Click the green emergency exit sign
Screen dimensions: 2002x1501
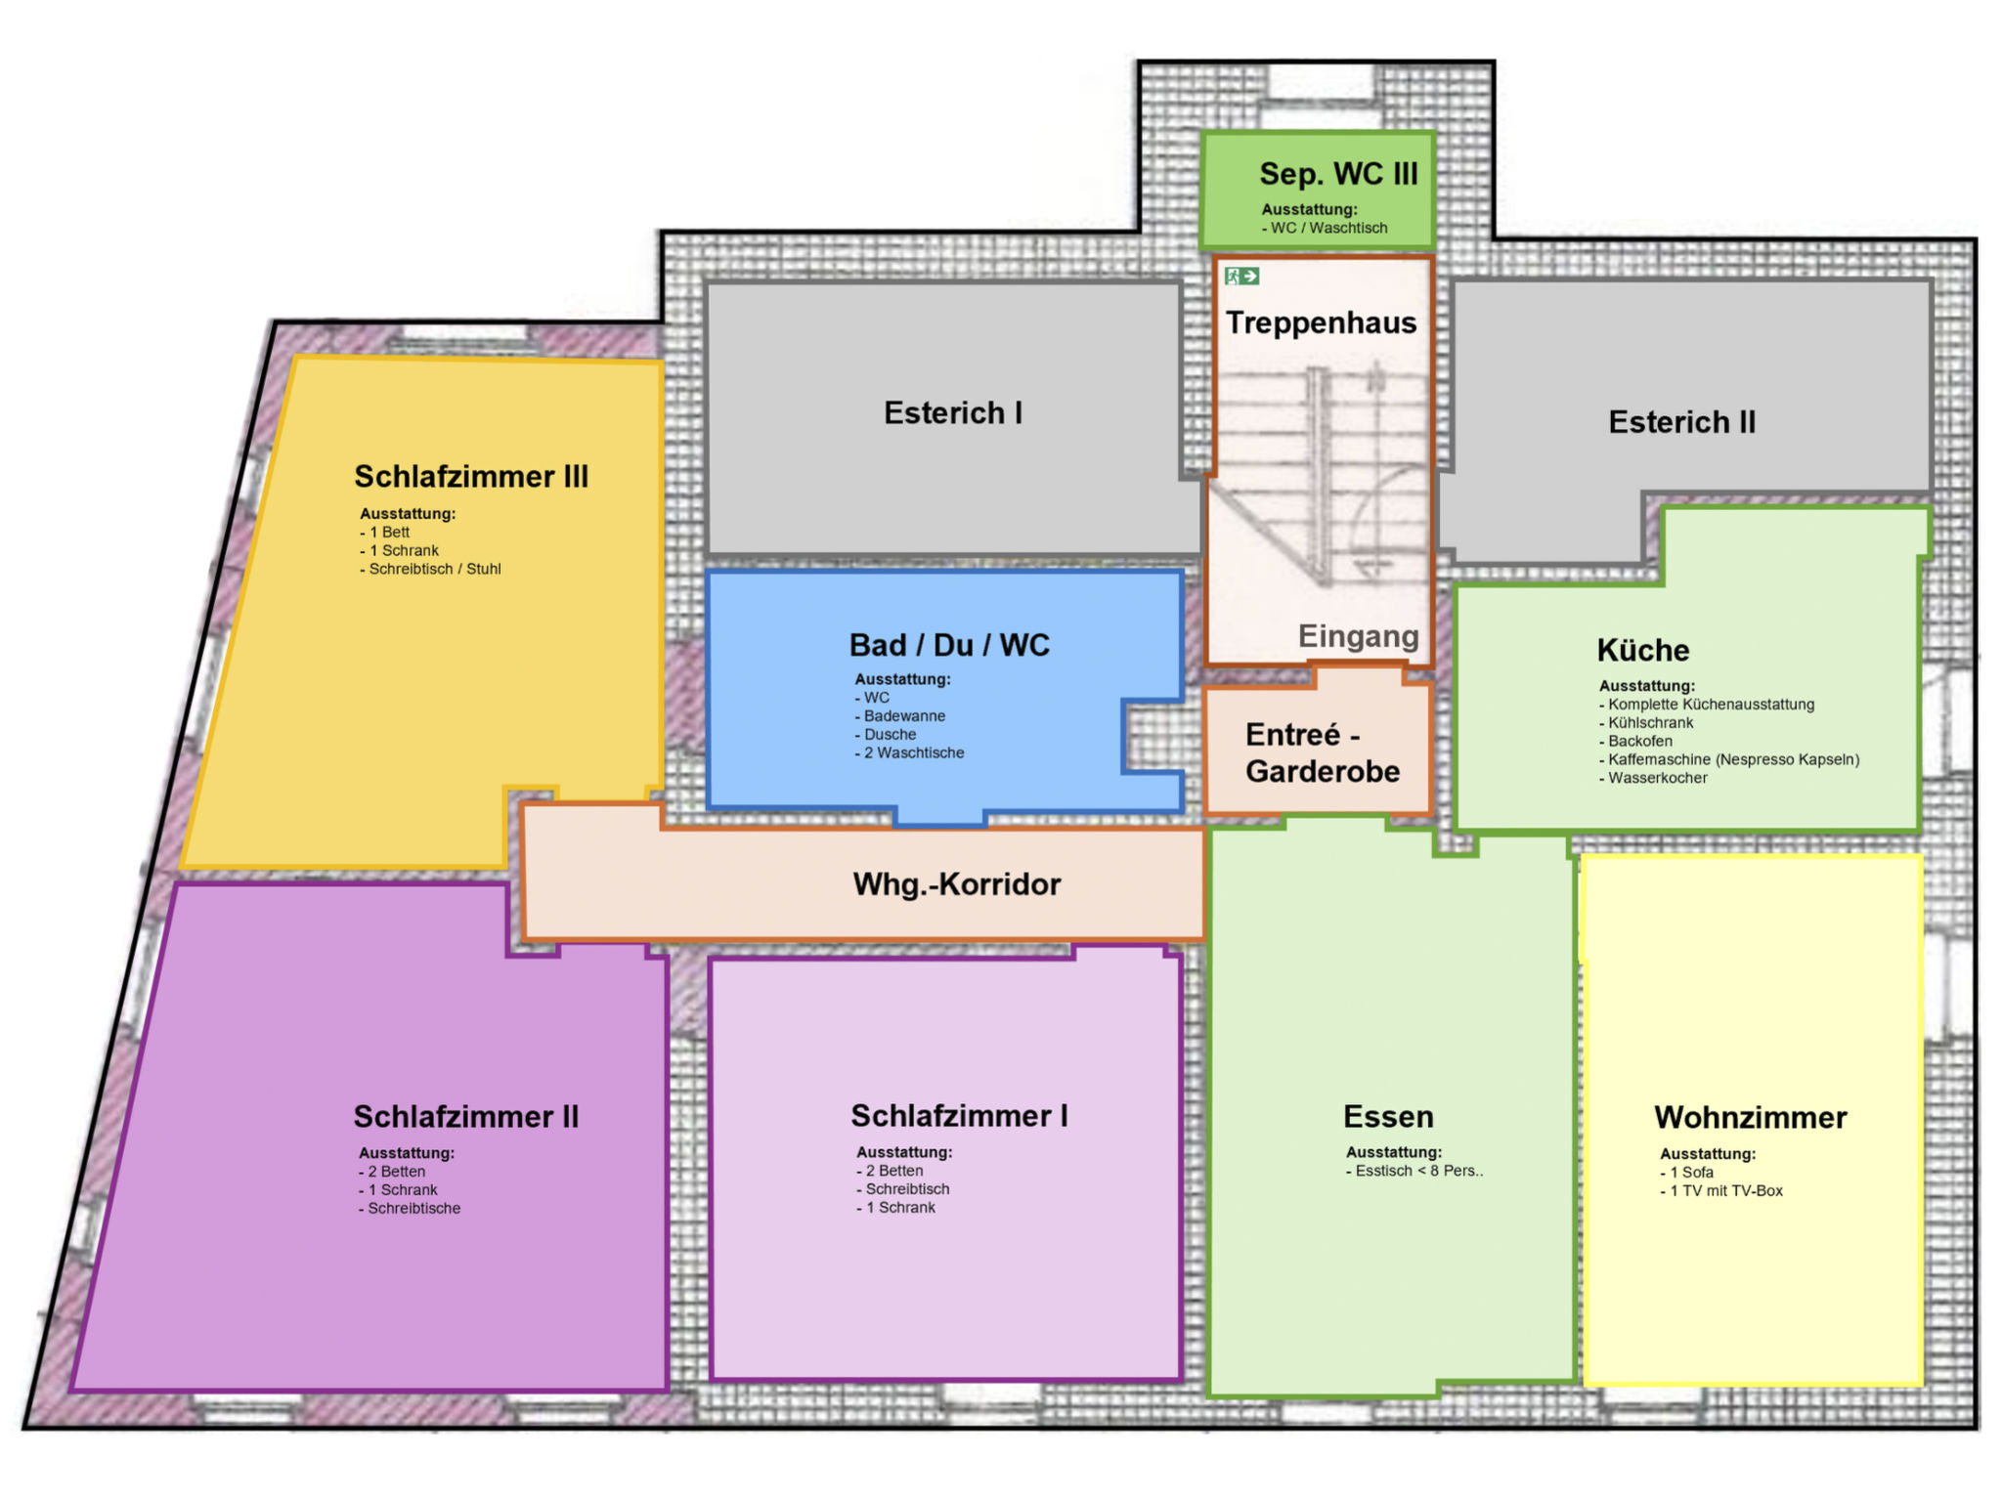click(x=1241, y=277)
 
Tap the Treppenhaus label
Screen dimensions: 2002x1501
click(x=1321, y=323)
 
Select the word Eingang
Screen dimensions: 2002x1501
click(x=1358, y=636)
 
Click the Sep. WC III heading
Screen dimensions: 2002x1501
click(x=1338, y=174)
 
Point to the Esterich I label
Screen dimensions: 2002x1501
click(x=953, y=413)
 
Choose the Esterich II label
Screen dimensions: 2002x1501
click(x=1681, y=422)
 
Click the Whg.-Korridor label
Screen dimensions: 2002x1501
click(x=957, y=884)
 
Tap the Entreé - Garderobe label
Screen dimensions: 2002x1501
click(x=1323, y=753)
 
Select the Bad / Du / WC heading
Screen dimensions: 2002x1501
click(x=949, y=645)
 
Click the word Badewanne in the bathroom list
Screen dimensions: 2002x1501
click(x=904, y=716)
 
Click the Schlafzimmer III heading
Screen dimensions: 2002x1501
click(x=471, y=477)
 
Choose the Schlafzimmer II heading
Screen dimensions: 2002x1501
click(x=466, y=1117)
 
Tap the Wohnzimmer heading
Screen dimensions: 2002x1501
click(x=1751, y=1118)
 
